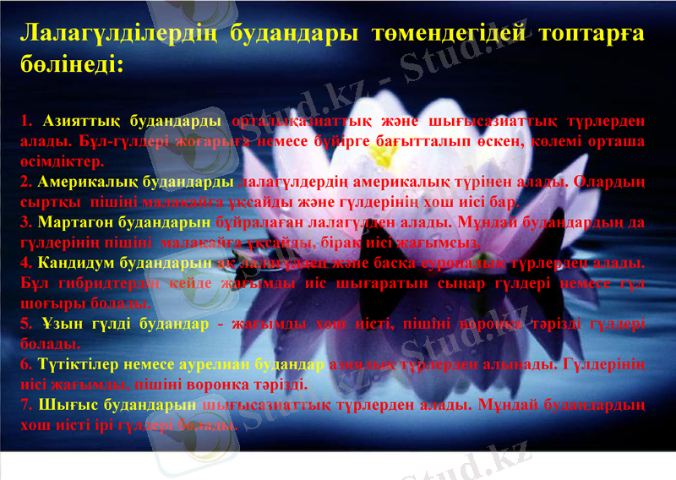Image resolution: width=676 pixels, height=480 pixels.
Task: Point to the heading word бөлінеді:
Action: tap(72, 64)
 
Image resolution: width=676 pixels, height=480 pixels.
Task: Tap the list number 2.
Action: tap(25, 182)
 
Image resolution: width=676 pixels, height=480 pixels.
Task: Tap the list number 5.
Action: tap(25, 325)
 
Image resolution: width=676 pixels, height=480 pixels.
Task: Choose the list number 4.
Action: tap(25, 264)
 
